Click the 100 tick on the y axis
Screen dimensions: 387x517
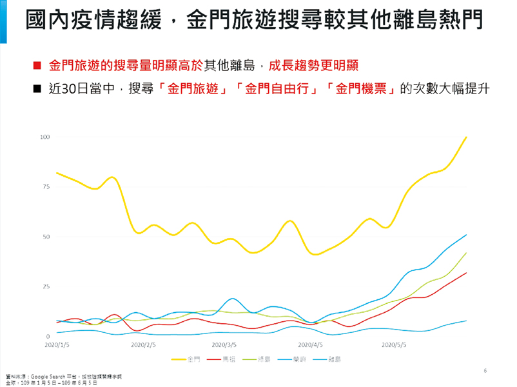44,137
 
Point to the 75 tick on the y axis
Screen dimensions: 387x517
46,186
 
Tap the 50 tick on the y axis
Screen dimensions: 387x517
46,237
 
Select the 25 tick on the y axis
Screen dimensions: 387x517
46,286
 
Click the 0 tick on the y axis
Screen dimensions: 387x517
47,337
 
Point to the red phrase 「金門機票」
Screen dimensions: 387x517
361,88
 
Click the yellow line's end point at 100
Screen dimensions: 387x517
466,137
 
